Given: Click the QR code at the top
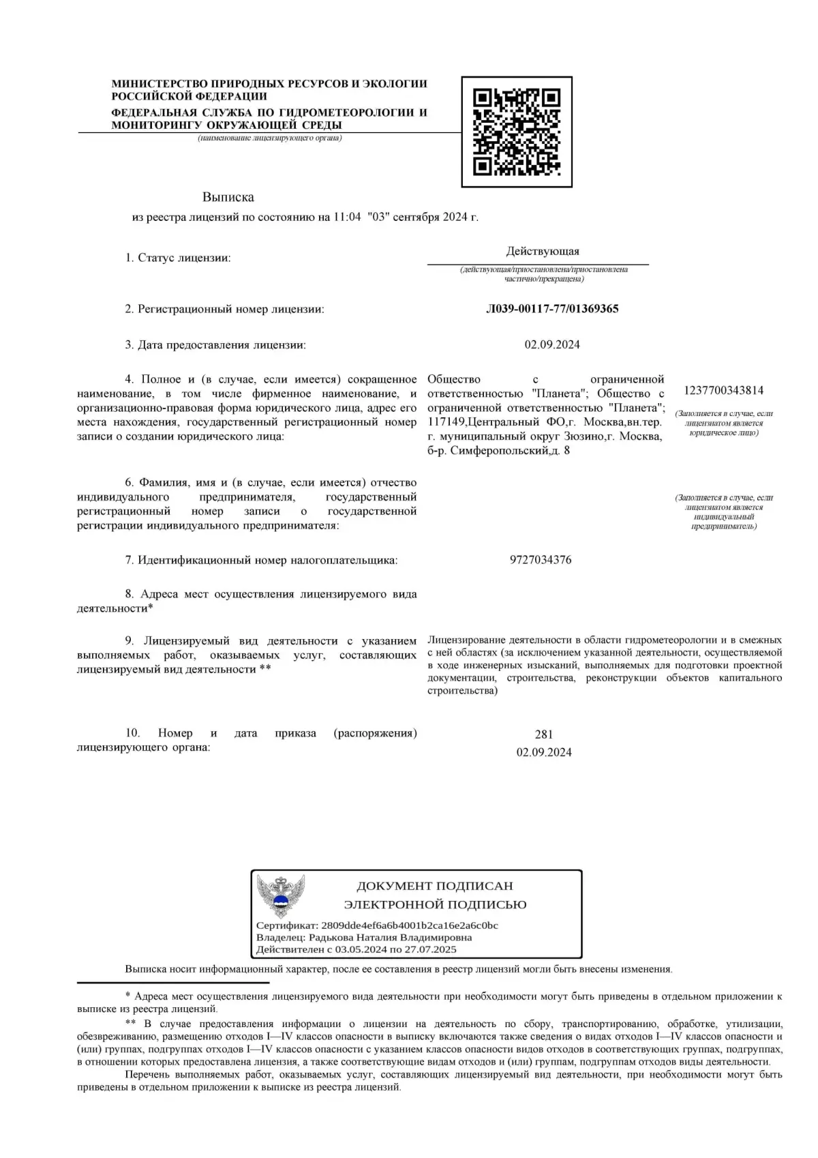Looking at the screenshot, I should click(517, 132).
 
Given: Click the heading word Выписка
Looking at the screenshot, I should click(228, 197).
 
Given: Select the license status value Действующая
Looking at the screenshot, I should click(543, 252).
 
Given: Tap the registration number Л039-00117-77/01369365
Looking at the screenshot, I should click(552, 309).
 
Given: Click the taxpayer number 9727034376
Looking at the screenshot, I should click(541, 560).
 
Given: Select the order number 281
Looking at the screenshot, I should click(544, 734).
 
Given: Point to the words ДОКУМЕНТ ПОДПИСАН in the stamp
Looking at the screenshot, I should click(435, 886).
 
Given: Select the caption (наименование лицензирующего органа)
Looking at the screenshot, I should click(270, 138).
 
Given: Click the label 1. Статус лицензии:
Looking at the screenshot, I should click(177, 258).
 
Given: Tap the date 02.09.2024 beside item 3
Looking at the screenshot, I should click(552, 344).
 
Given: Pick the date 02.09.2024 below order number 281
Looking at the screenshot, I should click(544, 752).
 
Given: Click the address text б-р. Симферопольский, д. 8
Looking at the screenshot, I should click(499, 451).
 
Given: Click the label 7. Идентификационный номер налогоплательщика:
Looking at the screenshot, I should click(261, 560).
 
